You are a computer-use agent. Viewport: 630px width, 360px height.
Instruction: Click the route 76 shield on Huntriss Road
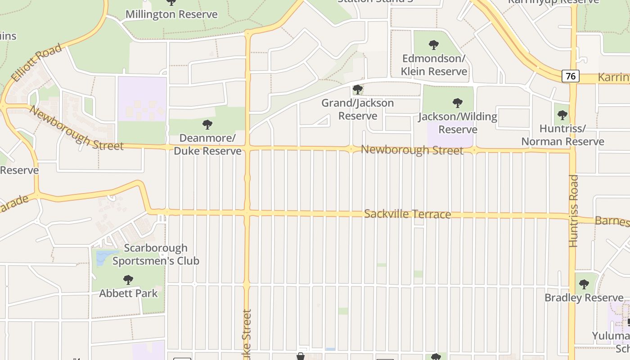click(571, 76)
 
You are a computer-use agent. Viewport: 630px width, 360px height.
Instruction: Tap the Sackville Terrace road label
click(407, 214)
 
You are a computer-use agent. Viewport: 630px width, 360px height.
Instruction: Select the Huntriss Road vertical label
click(573, 211)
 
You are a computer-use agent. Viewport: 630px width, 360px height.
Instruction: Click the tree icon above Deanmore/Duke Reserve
click(207, 124)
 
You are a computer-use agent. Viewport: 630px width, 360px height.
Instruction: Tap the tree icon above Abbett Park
click(128, 280)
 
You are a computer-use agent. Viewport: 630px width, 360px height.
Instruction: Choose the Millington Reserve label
click(171, 14)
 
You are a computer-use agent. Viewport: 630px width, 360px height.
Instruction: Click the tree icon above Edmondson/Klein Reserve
click(434, 45)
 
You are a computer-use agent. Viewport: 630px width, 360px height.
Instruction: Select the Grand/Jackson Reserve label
click(358, 109)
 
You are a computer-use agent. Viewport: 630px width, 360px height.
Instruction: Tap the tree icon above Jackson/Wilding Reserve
click(458, 103)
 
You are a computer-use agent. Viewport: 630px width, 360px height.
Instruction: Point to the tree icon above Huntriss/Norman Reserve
click(562, 115)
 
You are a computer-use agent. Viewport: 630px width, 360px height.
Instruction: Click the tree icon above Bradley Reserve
click(584, 284)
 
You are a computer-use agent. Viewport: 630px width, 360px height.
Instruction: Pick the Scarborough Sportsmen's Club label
click(156, 254)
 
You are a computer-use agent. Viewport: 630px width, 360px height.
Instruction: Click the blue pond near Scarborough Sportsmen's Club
click(102, 256)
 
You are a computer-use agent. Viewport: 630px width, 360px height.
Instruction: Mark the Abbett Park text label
click(128, 293)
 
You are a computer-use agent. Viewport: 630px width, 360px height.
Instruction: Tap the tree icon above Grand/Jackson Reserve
click(358, 89)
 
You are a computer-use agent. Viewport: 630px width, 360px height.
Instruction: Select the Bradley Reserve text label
click(584, 298)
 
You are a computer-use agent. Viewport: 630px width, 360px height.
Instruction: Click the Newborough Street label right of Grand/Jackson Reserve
click(412, 150)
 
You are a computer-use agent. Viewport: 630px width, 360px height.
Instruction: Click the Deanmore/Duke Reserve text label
click(207, 144)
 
